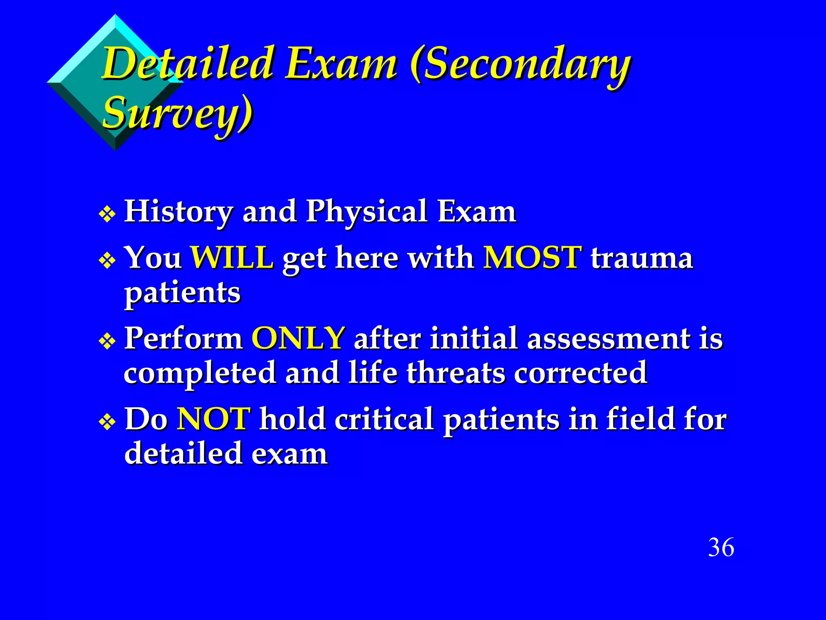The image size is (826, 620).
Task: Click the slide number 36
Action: click(721, 548)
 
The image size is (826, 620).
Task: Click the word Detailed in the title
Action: click(188, 63)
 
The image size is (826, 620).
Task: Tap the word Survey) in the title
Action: click(177, 113)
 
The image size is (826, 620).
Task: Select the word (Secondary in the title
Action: click(520, 65)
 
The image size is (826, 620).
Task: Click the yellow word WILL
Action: click(232, 257)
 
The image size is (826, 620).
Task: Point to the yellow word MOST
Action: click(532, 257)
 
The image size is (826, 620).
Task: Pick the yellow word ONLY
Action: click(298, 338)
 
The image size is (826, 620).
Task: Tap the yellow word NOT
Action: click(214, 419)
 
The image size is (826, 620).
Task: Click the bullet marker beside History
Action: click(107, 214)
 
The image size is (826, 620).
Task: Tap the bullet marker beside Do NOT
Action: click(107, 422)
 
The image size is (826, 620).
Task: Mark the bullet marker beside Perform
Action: click(107, 341)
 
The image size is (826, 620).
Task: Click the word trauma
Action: click(642, 258)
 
